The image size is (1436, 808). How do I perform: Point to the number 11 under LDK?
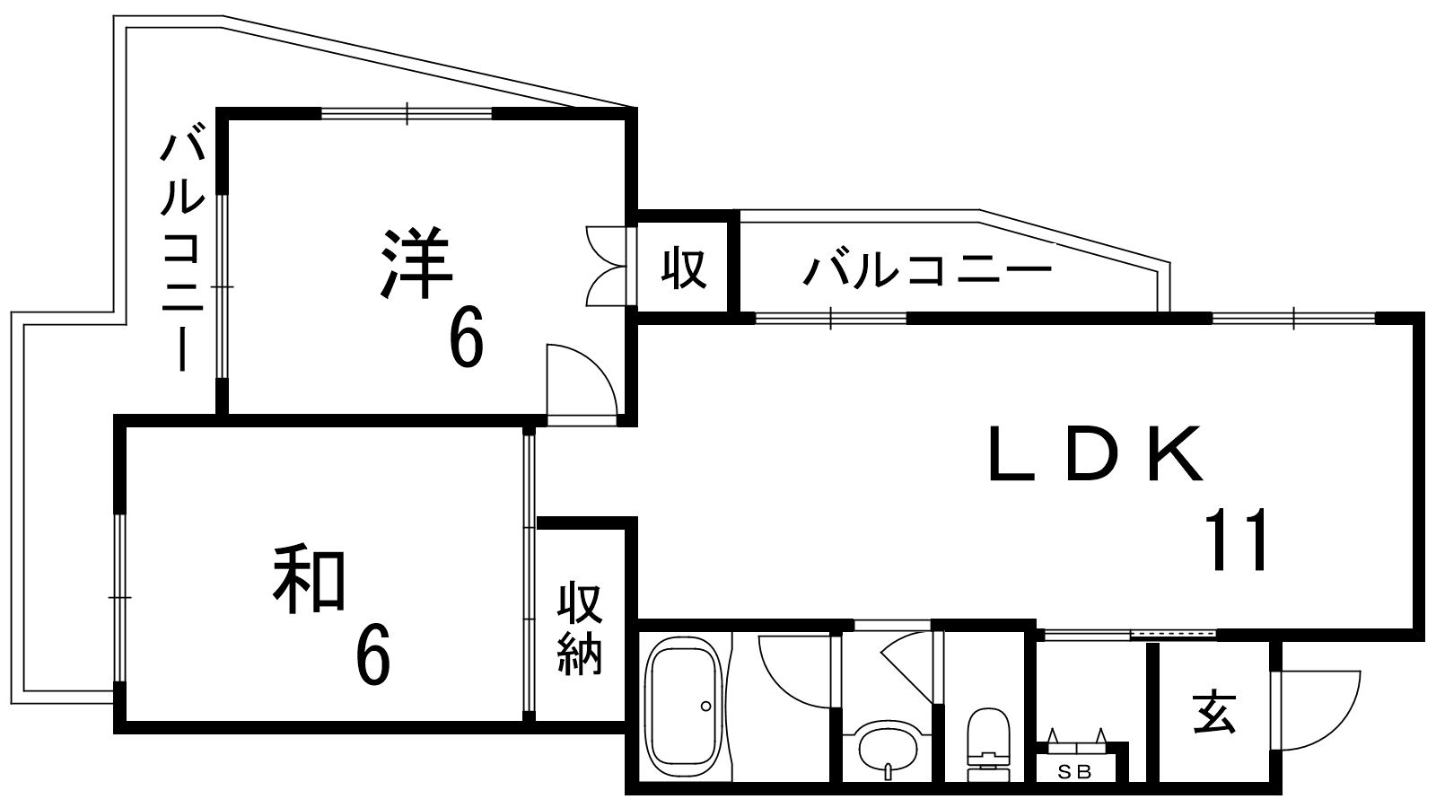(1239, 540)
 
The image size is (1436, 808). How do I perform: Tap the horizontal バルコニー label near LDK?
(927, 269)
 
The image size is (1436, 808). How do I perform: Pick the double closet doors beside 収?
(606, 266)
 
